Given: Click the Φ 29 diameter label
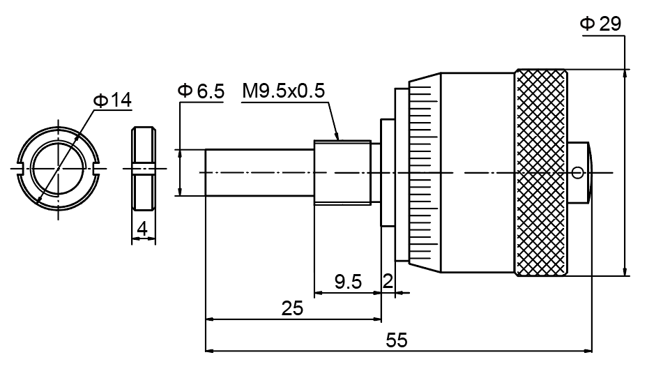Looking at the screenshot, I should click(600, 24).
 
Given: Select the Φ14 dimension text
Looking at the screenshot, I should click(112, 100).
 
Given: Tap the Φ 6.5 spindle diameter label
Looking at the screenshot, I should click(201, 91).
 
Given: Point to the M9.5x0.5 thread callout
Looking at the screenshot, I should click(284, 91).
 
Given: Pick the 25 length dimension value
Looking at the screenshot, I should click(292, 308).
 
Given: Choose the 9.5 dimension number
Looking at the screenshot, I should click(348, 282).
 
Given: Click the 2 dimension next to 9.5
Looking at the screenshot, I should click(388, 282).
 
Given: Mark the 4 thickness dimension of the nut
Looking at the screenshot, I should click(142, 228).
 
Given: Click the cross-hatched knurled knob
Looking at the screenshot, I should click(541, 172).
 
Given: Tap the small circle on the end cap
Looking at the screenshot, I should click(577, 172).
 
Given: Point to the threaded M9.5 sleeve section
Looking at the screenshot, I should click(342, 172).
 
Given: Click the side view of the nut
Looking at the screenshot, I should click(142, 169).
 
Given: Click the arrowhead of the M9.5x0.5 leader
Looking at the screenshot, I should click(338, 138).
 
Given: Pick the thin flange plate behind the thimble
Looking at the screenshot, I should click(386, 172).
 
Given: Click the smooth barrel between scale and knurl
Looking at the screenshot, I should click(478, 172).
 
